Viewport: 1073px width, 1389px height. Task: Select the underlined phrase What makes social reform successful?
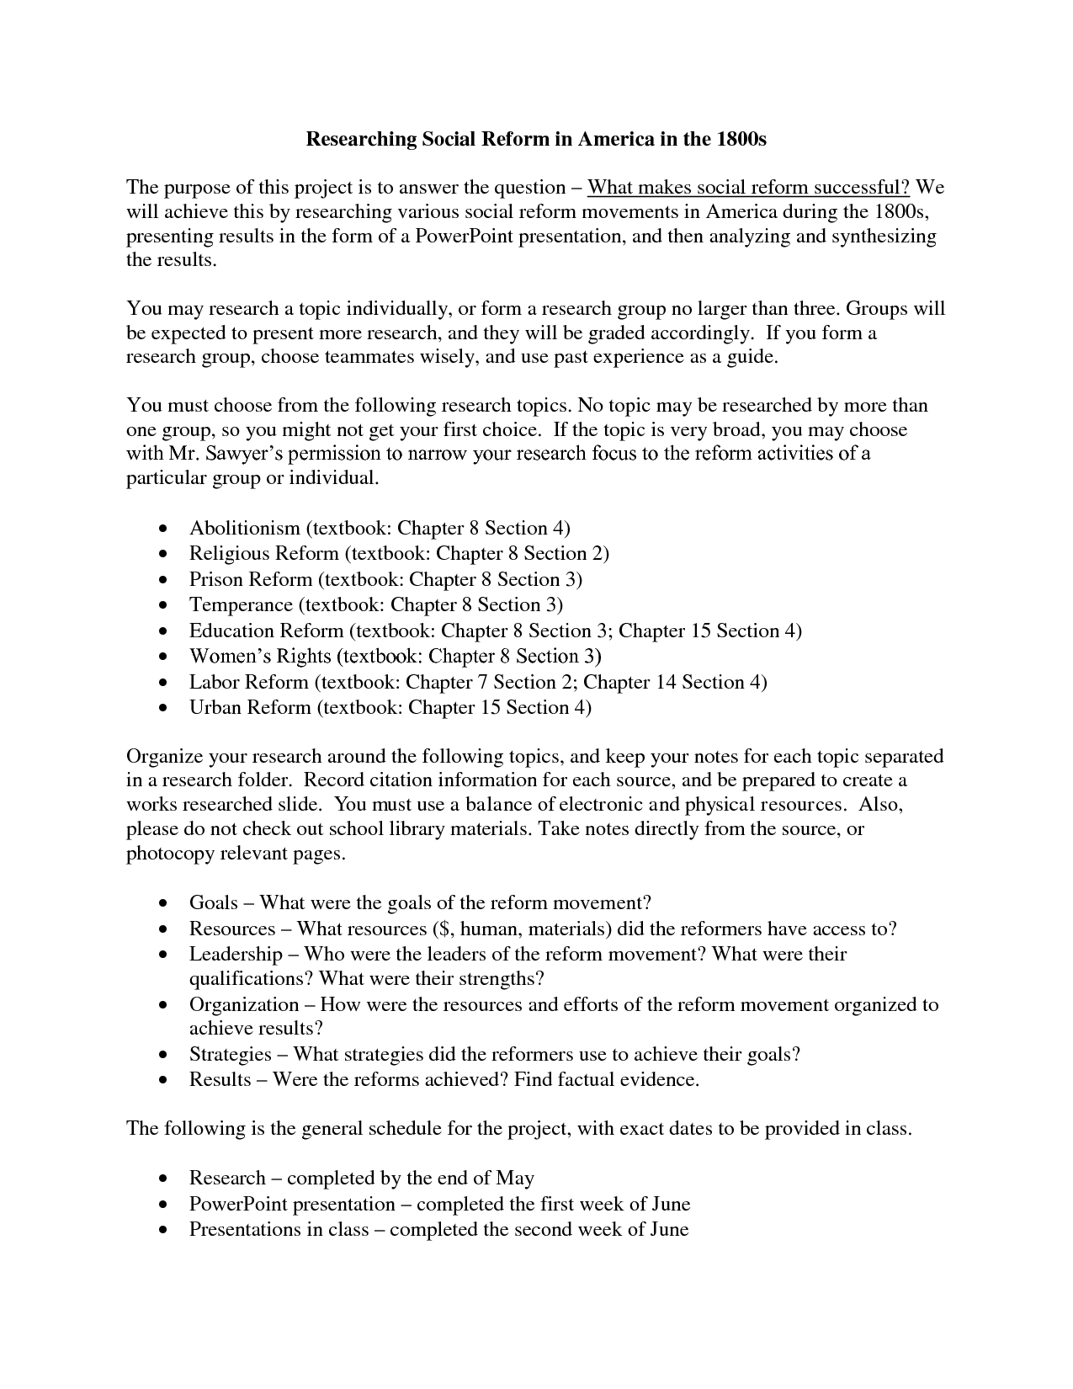coord(748,187)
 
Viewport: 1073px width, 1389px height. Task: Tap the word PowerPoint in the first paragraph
coord(463,236)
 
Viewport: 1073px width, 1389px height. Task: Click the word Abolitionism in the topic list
coord(245,528)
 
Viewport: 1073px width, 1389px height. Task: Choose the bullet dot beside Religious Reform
coord(162,555)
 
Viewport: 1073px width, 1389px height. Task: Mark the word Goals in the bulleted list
coord(214,903)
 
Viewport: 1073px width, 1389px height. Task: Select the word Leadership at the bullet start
coord(236,954)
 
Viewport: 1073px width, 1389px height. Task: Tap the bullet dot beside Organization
coord(162,1006)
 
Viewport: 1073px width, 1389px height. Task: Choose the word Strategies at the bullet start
coord(230,1054)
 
